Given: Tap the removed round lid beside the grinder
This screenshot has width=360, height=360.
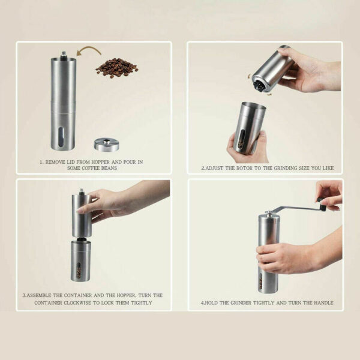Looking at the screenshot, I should pos(107,144).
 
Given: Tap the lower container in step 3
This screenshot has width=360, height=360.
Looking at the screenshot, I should pos(81,259).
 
